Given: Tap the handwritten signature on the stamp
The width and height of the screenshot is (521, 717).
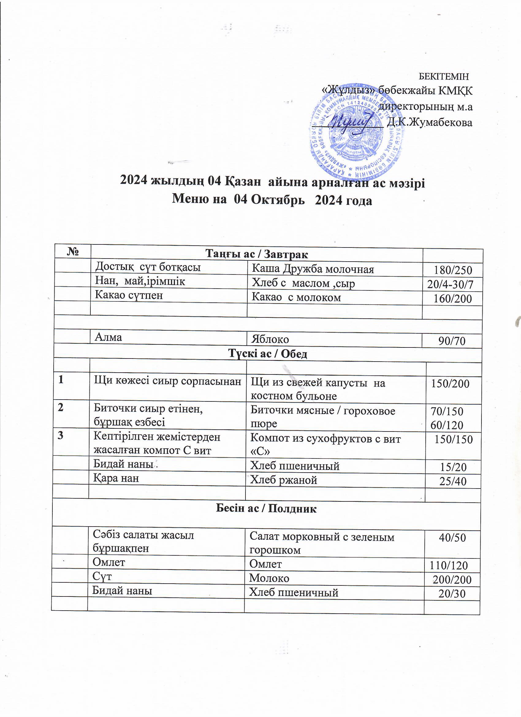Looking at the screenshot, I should tap(350, 121).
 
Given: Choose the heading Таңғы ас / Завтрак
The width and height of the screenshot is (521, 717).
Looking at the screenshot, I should tap(257, 254).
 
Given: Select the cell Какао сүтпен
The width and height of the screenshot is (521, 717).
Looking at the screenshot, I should tap(129, 295).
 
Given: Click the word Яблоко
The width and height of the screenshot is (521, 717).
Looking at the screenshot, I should tap(270, 339).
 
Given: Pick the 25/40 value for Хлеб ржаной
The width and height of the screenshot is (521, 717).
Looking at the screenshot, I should tap(453, 481).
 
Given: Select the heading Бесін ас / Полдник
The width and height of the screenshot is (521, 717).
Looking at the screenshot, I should tap(266, 509).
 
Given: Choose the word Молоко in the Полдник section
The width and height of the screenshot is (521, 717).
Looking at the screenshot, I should tap(269, 578).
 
